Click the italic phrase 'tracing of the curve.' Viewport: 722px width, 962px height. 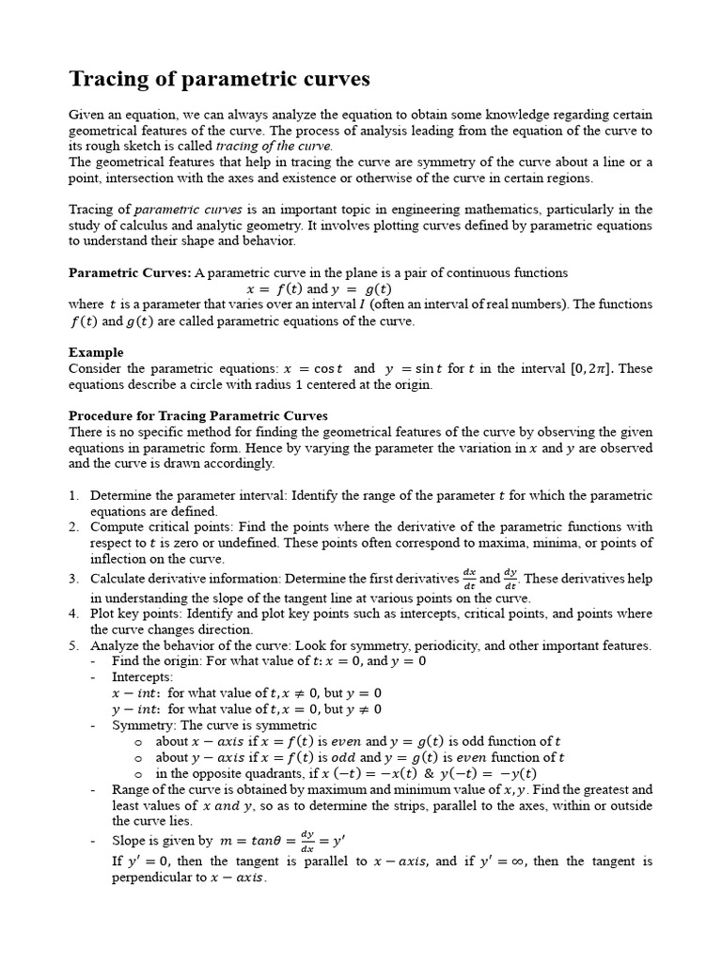tap(275, 147)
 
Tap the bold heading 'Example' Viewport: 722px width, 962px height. tap(96, 352)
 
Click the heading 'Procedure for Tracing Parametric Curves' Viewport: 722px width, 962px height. tap(197, 415)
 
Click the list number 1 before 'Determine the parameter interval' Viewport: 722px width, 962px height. tap(73, 495)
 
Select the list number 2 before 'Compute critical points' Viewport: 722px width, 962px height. tap(73, 527)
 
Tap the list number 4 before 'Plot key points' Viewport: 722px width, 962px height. tap(73, 613)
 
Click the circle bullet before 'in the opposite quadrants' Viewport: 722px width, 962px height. tap(137, 774)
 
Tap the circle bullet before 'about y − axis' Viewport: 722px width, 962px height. tap(137, 758)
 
